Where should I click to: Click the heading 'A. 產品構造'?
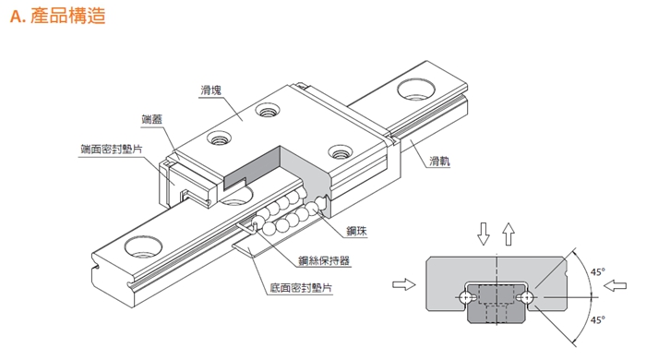pos(57,16)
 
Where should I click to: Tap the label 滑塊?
pos(211,90)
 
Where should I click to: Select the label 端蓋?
pos(151,119)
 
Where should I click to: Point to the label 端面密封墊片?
pos(112,149)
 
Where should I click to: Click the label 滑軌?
pos(439,161)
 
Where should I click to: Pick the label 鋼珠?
pos(356,231)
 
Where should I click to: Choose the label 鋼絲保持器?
pos(324,260)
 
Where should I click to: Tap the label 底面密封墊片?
pos(301,287)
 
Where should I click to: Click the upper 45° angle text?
pos(597,272)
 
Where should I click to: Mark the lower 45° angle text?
pos(597,319)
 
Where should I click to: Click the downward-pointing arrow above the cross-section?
pos(484,234)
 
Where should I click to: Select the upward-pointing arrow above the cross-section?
pos(508,234)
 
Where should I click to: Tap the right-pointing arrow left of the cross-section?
pos(404,284)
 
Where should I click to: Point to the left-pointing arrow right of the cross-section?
pos(615,285)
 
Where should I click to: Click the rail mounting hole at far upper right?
pos(416,90)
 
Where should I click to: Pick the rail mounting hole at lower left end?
pos(143,246)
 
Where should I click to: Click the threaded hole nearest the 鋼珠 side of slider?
pos(341,151)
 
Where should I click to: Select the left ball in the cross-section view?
pos(466,297)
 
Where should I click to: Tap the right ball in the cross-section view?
pos(526,297)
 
